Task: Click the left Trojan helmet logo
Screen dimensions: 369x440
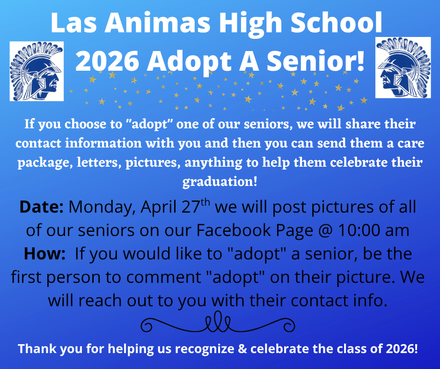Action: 37,70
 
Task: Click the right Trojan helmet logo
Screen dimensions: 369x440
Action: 403,67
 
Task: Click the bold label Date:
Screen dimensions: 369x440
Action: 42,207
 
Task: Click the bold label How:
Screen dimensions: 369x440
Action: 45,254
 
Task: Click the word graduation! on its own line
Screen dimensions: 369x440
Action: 220,181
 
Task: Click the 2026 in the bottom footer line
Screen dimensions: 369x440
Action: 402,349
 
